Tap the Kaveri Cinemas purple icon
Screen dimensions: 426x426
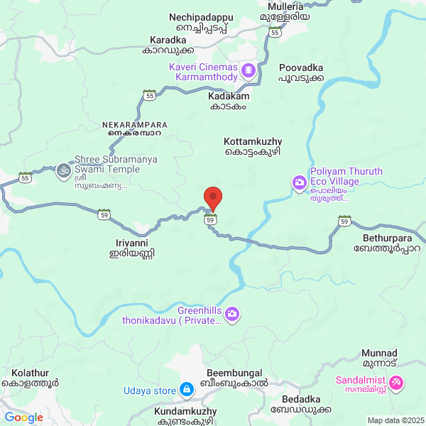pyautogui.click(x=248, y=70)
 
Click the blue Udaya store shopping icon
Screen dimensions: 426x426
pyautogui.click(x=186, y=389)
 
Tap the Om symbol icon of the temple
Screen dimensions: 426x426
pyautogui.click(x=64, y=170)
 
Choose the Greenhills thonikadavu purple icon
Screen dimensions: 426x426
pyautogui.click(x=234, y=314)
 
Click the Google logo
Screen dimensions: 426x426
pyautogui.click(x=23, y=417)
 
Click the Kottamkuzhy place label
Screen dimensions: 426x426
pyautogui.click(x=253, y=146)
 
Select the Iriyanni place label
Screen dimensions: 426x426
pyautogui.click(x=131, y=247)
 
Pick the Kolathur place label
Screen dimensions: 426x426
pyautogui.click(x=35, y=377)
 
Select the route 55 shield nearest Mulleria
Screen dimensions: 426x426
pyautogui.click(x=275, y=31)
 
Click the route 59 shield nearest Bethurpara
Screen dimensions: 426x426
pyautogui.click(x=344, y=220)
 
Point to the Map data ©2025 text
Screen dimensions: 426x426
pyautogui.click(x=395, y=420)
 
